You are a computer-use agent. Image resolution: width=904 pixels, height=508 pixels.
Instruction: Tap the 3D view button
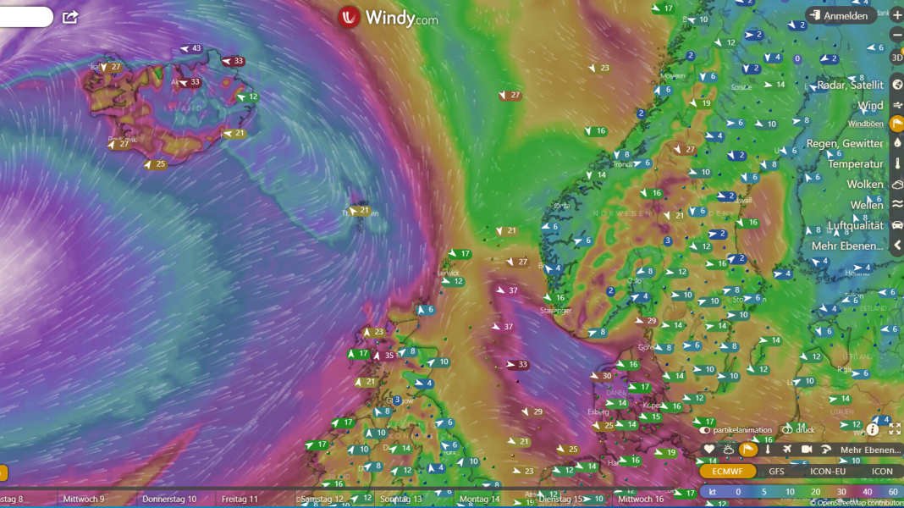tap(897, 58)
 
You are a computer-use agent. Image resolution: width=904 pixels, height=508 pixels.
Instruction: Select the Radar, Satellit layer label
tap(846, 85)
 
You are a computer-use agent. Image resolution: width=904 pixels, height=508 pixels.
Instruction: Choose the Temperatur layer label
tap(855, 163)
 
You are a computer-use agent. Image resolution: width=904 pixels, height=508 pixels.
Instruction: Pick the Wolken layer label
tap(864, 184)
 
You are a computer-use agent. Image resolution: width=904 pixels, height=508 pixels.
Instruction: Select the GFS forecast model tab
tap(776, 472)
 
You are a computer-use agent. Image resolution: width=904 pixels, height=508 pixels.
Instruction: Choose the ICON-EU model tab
tap(827, 472)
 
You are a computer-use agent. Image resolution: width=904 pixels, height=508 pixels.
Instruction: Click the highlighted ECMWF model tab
tap(728, 472)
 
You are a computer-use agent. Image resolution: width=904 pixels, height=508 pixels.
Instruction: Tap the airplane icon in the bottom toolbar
tap(787, 450)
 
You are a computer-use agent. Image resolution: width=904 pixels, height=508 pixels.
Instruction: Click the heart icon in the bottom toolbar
tap(709, 450)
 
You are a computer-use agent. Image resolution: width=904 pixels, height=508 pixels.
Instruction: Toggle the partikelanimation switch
tap(704, 430)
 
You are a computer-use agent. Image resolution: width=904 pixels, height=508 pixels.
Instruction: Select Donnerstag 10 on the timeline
tap(168, 500)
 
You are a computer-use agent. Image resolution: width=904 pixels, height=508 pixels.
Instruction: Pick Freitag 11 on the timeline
tap(240, 500)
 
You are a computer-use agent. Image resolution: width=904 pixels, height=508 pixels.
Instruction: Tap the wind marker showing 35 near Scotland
tap(384, 356)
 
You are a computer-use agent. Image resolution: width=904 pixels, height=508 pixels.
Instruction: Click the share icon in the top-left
tap(70, 17)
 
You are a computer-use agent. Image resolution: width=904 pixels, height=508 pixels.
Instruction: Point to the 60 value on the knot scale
tap(893, 492)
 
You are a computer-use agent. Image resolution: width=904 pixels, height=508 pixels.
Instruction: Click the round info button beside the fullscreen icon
tap(873, 429)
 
